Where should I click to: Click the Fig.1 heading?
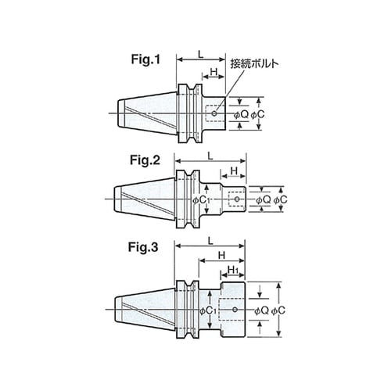point(145,59)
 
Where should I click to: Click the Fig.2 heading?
point(145,160)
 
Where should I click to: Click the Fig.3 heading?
point(143,247)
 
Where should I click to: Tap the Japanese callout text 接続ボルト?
point(254,63)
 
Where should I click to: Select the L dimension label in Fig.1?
point(200,54)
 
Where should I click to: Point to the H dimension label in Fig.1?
point(214,72)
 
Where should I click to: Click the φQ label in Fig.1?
point(241,114)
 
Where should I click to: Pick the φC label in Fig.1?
point(257,114)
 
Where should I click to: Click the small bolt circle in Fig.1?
point(214,113)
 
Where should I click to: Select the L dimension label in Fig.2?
point(210,156)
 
